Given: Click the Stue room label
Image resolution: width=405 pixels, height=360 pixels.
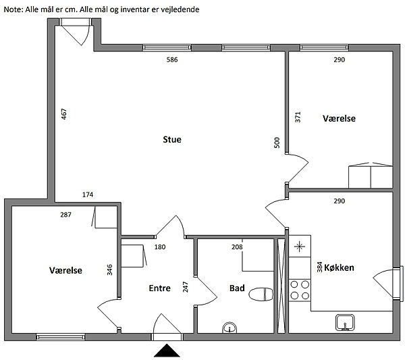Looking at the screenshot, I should pyautogui.click(x=172, y=140).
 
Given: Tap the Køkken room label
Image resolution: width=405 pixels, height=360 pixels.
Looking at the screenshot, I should pyautogui.click(x=339, y=267).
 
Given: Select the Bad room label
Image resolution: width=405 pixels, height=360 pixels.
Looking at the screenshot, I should pyautogui.click(x=237, y=288).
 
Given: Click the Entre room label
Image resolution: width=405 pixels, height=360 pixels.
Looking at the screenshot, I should pyautogui.click(x=159, y=288).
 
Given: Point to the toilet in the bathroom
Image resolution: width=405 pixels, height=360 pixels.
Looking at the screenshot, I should pyautogui.click(x=260, y=294).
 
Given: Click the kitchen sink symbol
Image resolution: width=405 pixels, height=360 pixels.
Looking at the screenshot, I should pyautogui.click(x=346, y=322).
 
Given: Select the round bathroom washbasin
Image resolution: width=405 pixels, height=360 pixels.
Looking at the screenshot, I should pyautogui.click(x=230, y=328).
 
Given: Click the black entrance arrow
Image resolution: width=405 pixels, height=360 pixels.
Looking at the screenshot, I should pyautogui.click(x=167, y=351).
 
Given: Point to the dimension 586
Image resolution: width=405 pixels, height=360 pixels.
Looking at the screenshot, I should pyautogui.click(x=172, y=60).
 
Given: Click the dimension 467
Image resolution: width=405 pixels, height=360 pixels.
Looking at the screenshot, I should pyautogui.click(x=64, y=115).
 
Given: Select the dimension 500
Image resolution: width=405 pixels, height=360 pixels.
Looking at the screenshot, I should pyautogui.click(x=277, y=143).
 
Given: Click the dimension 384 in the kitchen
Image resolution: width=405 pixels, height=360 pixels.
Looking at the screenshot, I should pyautogui.click(x=320, y=267).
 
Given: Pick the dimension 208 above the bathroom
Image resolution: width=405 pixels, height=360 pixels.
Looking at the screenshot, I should pyautogui.click(x=237, y=247).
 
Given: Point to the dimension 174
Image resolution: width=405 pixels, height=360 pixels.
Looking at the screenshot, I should pyautogui.click(x=88, y=195).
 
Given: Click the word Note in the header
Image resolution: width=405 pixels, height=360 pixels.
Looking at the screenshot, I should pyautogui.click(x=13, y=10).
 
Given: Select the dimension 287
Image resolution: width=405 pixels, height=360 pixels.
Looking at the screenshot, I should pyautogui.click(x=65, y=214).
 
